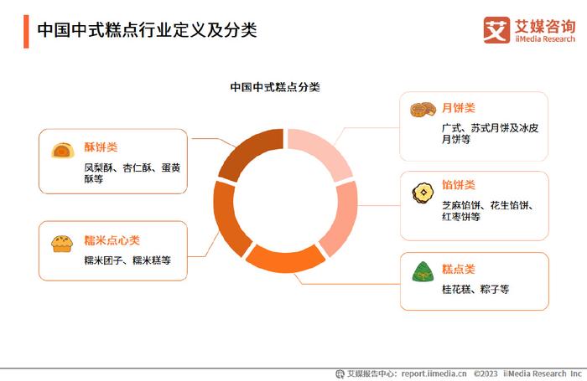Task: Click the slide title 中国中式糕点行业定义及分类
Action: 147,30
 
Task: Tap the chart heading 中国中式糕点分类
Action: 275,87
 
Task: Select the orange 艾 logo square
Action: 496,30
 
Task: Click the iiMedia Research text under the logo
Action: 545,39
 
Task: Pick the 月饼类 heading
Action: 458,108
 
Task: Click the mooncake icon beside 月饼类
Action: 423,109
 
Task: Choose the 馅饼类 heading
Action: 458,185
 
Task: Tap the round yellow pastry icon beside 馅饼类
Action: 423,193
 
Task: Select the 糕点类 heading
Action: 458,269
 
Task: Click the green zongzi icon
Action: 423,272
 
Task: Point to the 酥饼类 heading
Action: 101,147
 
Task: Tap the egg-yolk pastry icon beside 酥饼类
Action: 63,150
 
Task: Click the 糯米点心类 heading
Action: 112,240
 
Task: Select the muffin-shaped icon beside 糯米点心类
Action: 62,244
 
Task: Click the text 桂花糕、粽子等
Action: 475,289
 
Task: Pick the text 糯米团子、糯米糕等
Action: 127,260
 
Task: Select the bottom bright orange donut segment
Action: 285,259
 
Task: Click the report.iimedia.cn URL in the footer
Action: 434,373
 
